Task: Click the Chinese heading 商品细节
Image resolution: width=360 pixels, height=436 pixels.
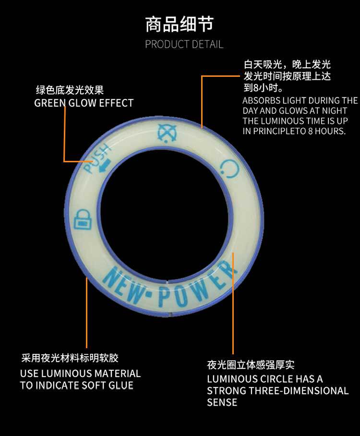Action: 179,24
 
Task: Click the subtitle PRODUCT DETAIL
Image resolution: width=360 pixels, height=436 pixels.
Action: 184,45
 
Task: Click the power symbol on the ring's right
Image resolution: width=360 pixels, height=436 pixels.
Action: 229,169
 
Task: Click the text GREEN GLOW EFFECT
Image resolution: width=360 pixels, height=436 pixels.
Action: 84,103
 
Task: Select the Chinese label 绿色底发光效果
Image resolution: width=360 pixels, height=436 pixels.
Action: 70,90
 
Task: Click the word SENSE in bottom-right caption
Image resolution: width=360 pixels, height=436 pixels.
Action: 222,402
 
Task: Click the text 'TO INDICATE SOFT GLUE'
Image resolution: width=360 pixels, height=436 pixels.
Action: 77,385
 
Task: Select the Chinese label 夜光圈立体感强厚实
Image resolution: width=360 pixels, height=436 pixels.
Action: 251,365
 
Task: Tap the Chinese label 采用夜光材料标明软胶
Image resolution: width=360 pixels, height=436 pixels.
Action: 70,358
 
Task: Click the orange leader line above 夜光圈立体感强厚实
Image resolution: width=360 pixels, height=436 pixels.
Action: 233,307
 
